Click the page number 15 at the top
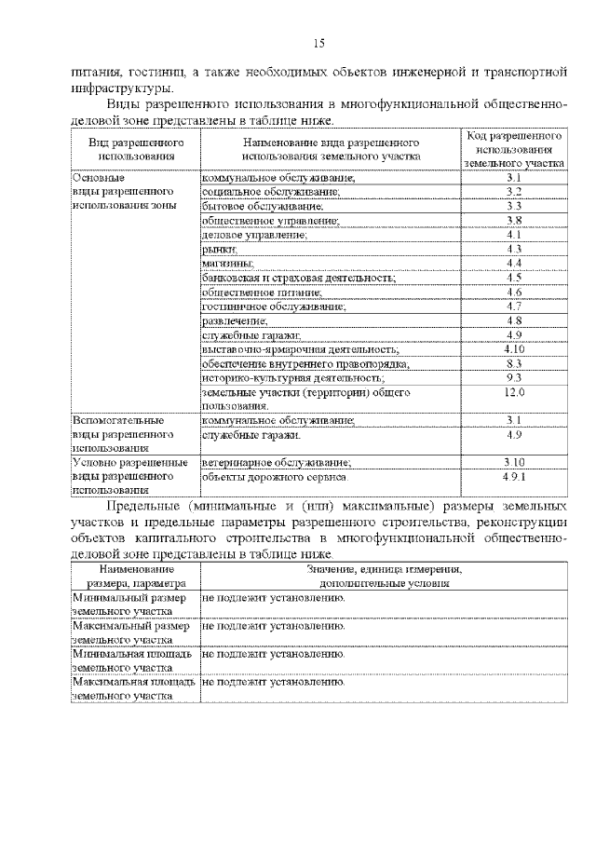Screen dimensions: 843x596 (318, 43)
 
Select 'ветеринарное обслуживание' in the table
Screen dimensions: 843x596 (277, 462)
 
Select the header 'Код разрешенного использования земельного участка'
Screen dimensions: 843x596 (514, 149)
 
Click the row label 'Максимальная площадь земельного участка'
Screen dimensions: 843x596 (133, 688)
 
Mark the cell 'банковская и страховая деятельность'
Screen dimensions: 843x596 (281, 278)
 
